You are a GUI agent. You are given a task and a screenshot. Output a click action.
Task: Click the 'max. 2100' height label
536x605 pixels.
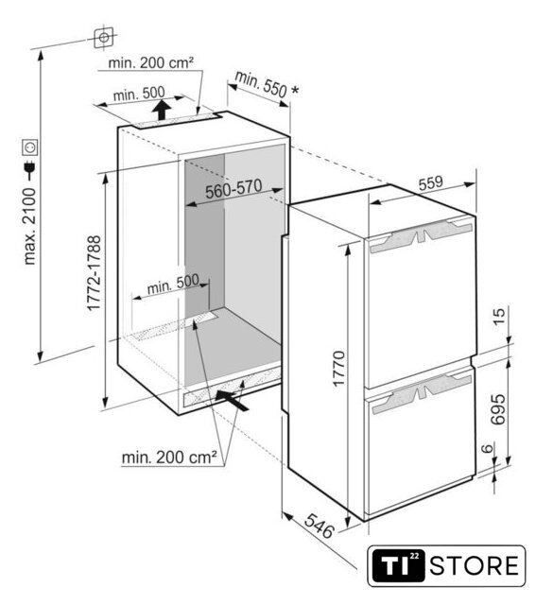point(29,226)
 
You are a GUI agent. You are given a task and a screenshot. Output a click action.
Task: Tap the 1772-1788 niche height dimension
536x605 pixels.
point(94,273)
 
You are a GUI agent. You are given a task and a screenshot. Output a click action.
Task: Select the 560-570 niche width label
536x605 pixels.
point(233,189)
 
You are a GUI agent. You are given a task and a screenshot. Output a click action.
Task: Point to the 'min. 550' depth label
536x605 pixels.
point(261,85)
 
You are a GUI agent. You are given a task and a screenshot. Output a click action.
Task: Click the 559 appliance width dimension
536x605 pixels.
point(431,182)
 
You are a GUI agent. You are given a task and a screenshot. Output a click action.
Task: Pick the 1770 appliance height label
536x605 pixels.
point(338,369)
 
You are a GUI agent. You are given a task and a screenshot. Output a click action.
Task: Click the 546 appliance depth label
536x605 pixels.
point(319,526)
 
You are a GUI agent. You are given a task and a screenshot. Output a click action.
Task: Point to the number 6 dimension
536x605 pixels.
point(488,448)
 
